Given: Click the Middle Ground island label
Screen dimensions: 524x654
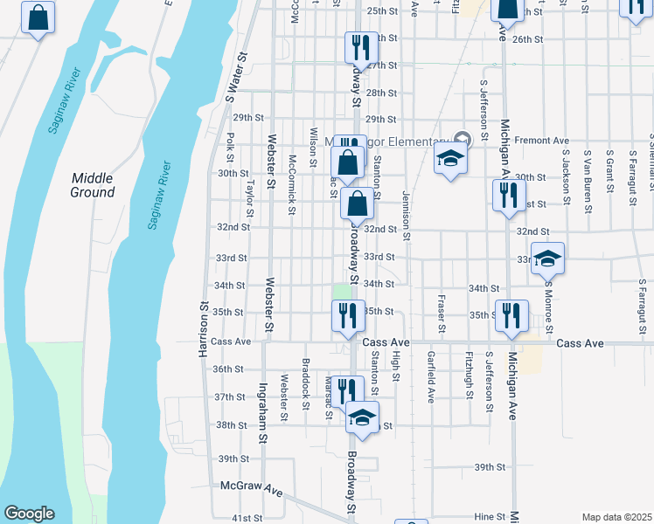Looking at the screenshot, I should [92, 184].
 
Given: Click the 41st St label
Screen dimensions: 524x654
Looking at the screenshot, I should [247, 519].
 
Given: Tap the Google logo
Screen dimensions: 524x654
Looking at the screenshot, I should [29, 514].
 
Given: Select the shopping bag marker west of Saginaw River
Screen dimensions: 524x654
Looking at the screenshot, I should [38, 19].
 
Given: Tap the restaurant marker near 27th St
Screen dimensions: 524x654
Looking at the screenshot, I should [358, 45].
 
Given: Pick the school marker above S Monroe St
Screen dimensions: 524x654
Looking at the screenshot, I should [547, 260].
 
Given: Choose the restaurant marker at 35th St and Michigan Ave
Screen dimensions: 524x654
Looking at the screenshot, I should [511, 316].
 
